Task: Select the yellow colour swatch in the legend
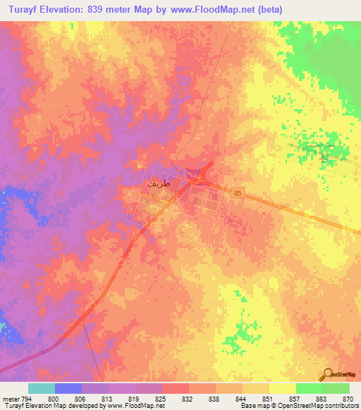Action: [x=282, y=389]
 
